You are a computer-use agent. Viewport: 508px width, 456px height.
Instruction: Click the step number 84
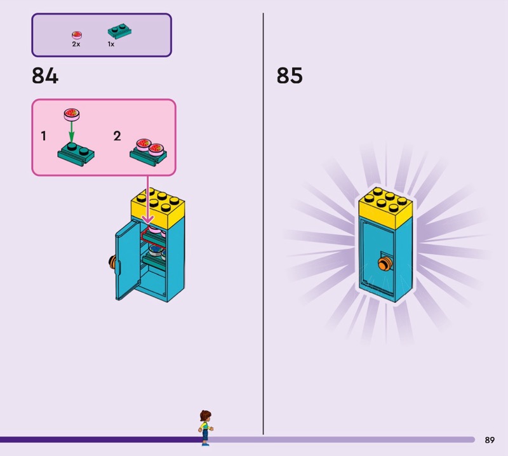click(x=44, y=76)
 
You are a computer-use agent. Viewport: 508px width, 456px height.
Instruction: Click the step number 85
click(x=290, y=76)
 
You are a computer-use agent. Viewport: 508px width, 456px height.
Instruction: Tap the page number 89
click(x=489, y=439)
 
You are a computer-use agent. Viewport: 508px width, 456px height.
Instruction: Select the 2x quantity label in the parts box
click(x=76, y=44)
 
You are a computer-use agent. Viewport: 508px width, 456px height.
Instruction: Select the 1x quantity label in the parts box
click(x=111, y=44)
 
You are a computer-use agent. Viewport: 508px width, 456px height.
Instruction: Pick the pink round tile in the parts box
click(x=77, y=34)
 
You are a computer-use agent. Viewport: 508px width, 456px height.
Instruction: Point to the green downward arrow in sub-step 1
click(x=71, y=131)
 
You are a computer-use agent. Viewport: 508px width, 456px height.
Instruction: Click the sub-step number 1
click(x=44, y=136)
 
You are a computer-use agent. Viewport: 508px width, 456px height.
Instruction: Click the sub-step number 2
click(x=117, y=136)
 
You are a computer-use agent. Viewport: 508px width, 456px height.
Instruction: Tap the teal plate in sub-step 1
click(x=76, y=153)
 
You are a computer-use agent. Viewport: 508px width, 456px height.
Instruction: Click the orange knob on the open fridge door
click(x=112, y=262)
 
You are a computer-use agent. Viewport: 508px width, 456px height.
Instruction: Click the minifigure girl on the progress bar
click(x=204, y=426)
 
